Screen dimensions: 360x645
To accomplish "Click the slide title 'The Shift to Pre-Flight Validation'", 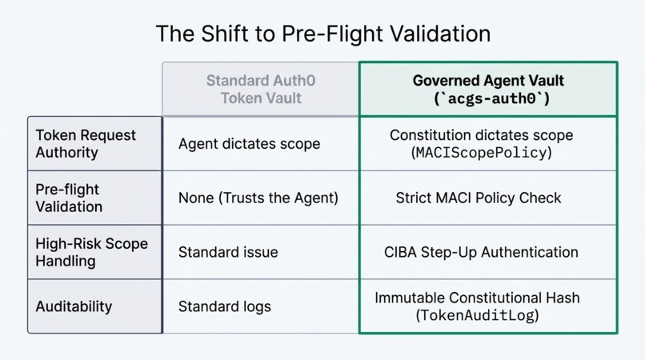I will coord(322,34).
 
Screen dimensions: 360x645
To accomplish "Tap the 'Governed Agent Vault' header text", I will coord(488,81).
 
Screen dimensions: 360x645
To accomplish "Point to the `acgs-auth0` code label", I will coord(488,98).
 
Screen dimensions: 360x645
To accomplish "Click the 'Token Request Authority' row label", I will coord(86,143).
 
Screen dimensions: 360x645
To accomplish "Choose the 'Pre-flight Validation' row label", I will coord(69,198).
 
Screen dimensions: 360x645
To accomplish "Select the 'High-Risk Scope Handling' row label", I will coord(91,252).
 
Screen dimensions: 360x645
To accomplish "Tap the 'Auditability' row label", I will coord(74,306).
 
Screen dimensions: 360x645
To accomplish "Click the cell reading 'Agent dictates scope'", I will coord(249,144).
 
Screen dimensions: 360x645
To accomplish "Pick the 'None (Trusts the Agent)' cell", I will coord(258,198).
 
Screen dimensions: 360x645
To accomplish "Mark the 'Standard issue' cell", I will coord(228,252).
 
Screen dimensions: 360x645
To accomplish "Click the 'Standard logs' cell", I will coord(225,306).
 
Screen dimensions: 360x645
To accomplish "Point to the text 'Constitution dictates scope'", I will coord(481,135).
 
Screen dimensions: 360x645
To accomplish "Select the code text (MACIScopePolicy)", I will coord(481,152).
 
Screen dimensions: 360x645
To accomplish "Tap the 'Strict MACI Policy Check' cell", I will coord(479,198).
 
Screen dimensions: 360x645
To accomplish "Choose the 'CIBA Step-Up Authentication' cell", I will coord(481,252).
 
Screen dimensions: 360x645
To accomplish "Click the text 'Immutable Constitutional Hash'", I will coord(477,298).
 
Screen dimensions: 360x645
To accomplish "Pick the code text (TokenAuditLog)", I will coord(477,315).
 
